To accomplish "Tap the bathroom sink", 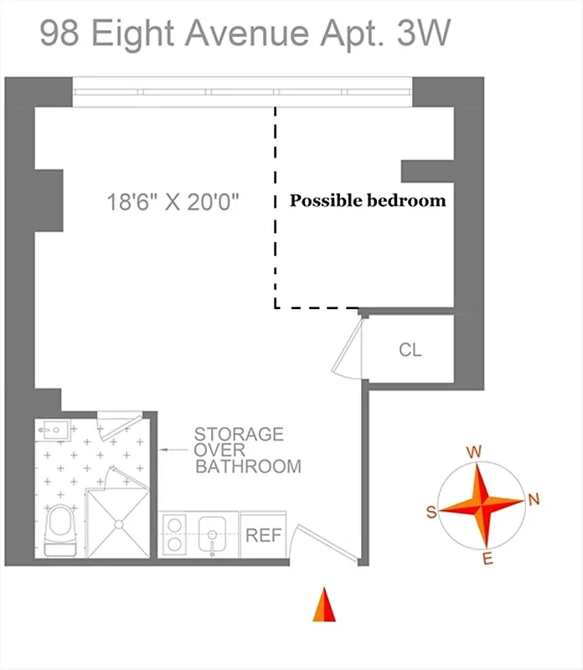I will click(x=54, y=432).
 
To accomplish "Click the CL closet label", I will click(x=410, y=349).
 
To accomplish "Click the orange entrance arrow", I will click(x=324, y=605).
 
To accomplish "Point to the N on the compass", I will click(x=534, y=500).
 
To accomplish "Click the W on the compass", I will click(x=474, y=452).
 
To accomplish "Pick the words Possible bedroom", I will click(x=368, y=201).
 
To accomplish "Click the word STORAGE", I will click(x=239, y=435).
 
